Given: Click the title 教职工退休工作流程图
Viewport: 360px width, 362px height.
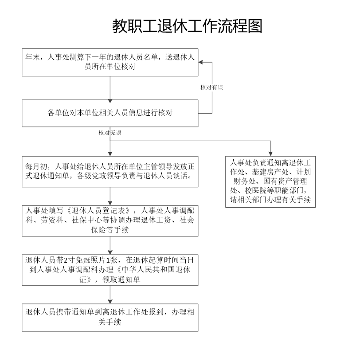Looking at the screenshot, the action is tap(187, 26).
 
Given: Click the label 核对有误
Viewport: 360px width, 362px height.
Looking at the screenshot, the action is tap(211, 87).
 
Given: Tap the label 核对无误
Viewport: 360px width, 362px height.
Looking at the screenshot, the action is tap(110, 133).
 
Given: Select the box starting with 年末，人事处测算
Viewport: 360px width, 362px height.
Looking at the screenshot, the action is tap(110, 63).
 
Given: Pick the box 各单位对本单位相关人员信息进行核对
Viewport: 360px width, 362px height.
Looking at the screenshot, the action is tap(110, 114).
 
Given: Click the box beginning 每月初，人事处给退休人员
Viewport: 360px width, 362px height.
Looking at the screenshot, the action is tap(110, 172).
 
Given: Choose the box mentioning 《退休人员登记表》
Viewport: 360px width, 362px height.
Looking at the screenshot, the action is tap(110, 221).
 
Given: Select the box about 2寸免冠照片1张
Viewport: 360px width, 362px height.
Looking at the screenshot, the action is tap(110, 270).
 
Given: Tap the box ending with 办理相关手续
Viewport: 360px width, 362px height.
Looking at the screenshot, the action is tap(110, 318).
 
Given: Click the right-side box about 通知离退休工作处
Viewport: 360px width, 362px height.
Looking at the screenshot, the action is tap(270, 182).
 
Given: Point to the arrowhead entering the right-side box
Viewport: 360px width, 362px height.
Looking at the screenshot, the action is tap(270, 154).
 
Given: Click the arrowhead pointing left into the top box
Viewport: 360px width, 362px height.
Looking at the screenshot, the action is tap(200, 63).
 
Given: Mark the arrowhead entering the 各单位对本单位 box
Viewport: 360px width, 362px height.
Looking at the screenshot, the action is tap(110, 101).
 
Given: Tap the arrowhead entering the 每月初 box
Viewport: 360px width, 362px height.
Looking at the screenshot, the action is tap(110, 154).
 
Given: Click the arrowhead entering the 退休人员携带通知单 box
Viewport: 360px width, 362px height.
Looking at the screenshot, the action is tap(110, 302).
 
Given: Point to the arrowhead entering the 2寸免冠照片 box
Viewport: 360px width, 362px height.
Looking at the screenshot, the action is tap(110, 252).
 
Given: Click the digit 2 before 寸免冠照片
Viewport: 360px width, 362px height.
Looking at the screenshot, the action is tap(65, 260).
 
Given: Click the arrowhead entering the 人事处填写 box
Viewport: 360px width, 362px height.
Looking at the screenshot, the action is tap(110, 203).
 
